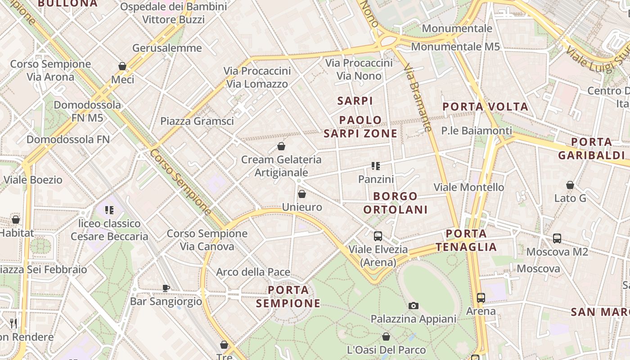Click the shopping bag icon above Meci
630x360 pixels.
point(122,67)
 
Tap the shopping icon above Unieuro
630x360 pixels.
point(302,194)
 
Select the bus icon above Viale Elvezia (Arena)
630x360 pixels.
point(378,236)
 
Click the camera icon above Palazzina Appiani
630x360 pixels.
point(413,306)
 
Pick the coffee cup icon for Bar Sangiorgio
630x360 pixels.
point(166,288)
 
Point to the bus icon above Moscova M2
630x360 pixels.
point(557,238)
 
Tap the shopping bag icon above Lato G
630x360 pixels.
point(570,185)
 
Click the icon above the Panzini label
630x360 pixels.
point(376,166)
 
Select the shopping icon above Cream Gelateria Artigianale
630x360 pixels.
point(281,146)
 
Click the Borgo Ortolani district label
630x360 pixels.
point(396,203)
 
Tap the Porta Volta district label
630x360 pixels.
point(486,107)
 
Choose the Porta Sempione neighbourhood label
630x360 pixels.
point(288,297)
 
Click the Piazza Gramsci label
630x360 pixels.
point(197,121)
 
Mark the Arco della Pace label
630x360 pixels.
point(253,272)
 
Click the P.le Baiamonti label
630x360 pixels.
point(477,130)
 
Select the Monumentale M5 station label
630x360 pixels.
point(455,47)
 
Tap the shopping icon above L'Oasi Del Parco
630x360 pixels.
point(386,337)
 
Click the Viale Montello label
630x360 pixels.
point(469,187)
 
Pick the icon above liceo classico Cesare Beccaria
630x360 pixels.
point(109,210)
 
